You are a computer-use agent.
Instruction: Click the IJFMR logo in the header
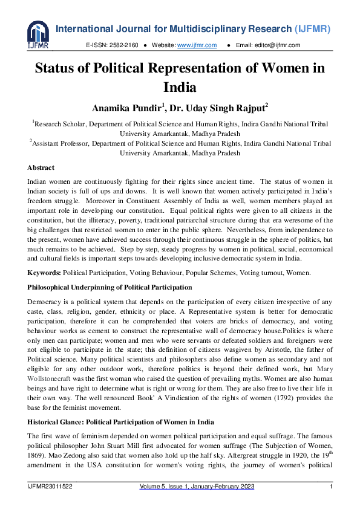(38, 35)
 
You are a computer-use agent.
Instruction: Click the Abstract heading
(41, 167)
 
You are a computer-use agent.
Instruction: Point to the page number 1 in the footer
(331, 487)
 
